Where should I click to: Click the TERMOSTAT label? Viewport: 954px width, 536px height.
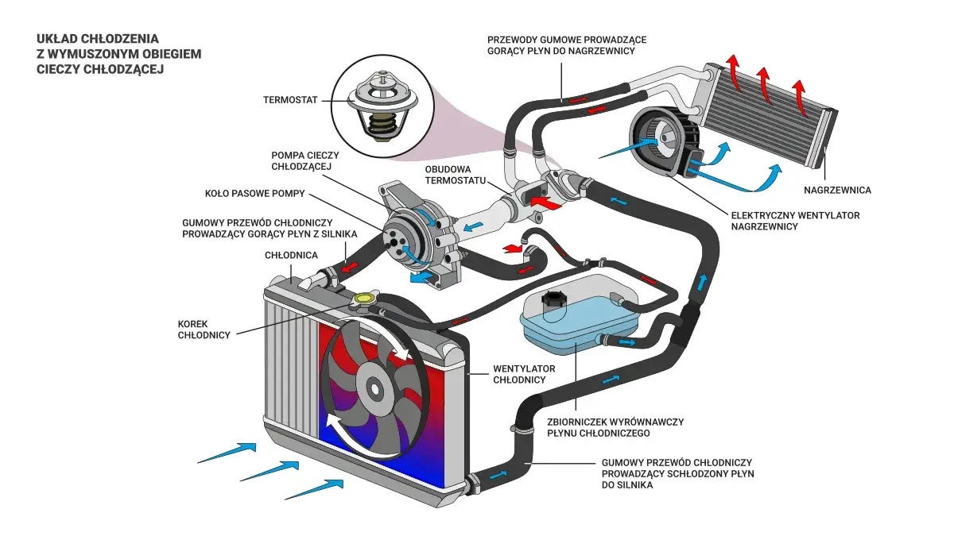click(290, 100)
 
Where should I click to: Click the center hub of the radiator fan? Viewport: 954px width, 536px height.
click(374, 388)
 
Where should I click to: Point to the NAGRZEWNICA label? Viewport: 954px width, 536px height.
click(837, 190)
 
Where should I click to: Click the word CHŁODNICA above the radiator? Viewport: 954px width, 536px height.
click(291, 255)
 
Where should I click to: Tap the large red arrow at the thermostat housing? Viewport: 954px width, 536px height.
click(546, 203)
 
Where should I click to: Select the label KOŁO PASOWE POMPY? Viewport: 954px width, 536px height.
click(254, 194)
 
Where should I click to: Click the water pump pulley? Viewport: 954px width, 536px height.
click(401, 243)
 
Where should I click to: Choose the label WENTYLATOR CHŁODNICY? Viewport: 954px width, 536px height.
click(524, 374)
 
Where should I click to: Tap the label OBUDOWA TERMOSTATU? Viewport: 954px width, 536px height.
click(455, 175)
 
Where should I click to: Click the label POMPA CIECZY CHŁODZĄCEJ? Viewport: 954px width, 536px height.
click(305, 160)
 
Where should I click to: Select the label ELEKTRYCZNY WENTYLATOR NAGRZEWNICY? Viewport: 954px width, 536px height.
click(795, 221)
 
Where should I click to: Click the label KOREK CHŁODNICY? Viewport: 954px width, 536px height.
click(204, 330)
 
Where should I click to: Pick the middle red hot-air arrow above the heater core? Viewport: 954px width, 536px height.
click(765, 86)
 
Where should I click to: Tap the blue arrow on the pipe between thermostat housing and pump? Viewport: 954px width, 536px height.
click(473, 226)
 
